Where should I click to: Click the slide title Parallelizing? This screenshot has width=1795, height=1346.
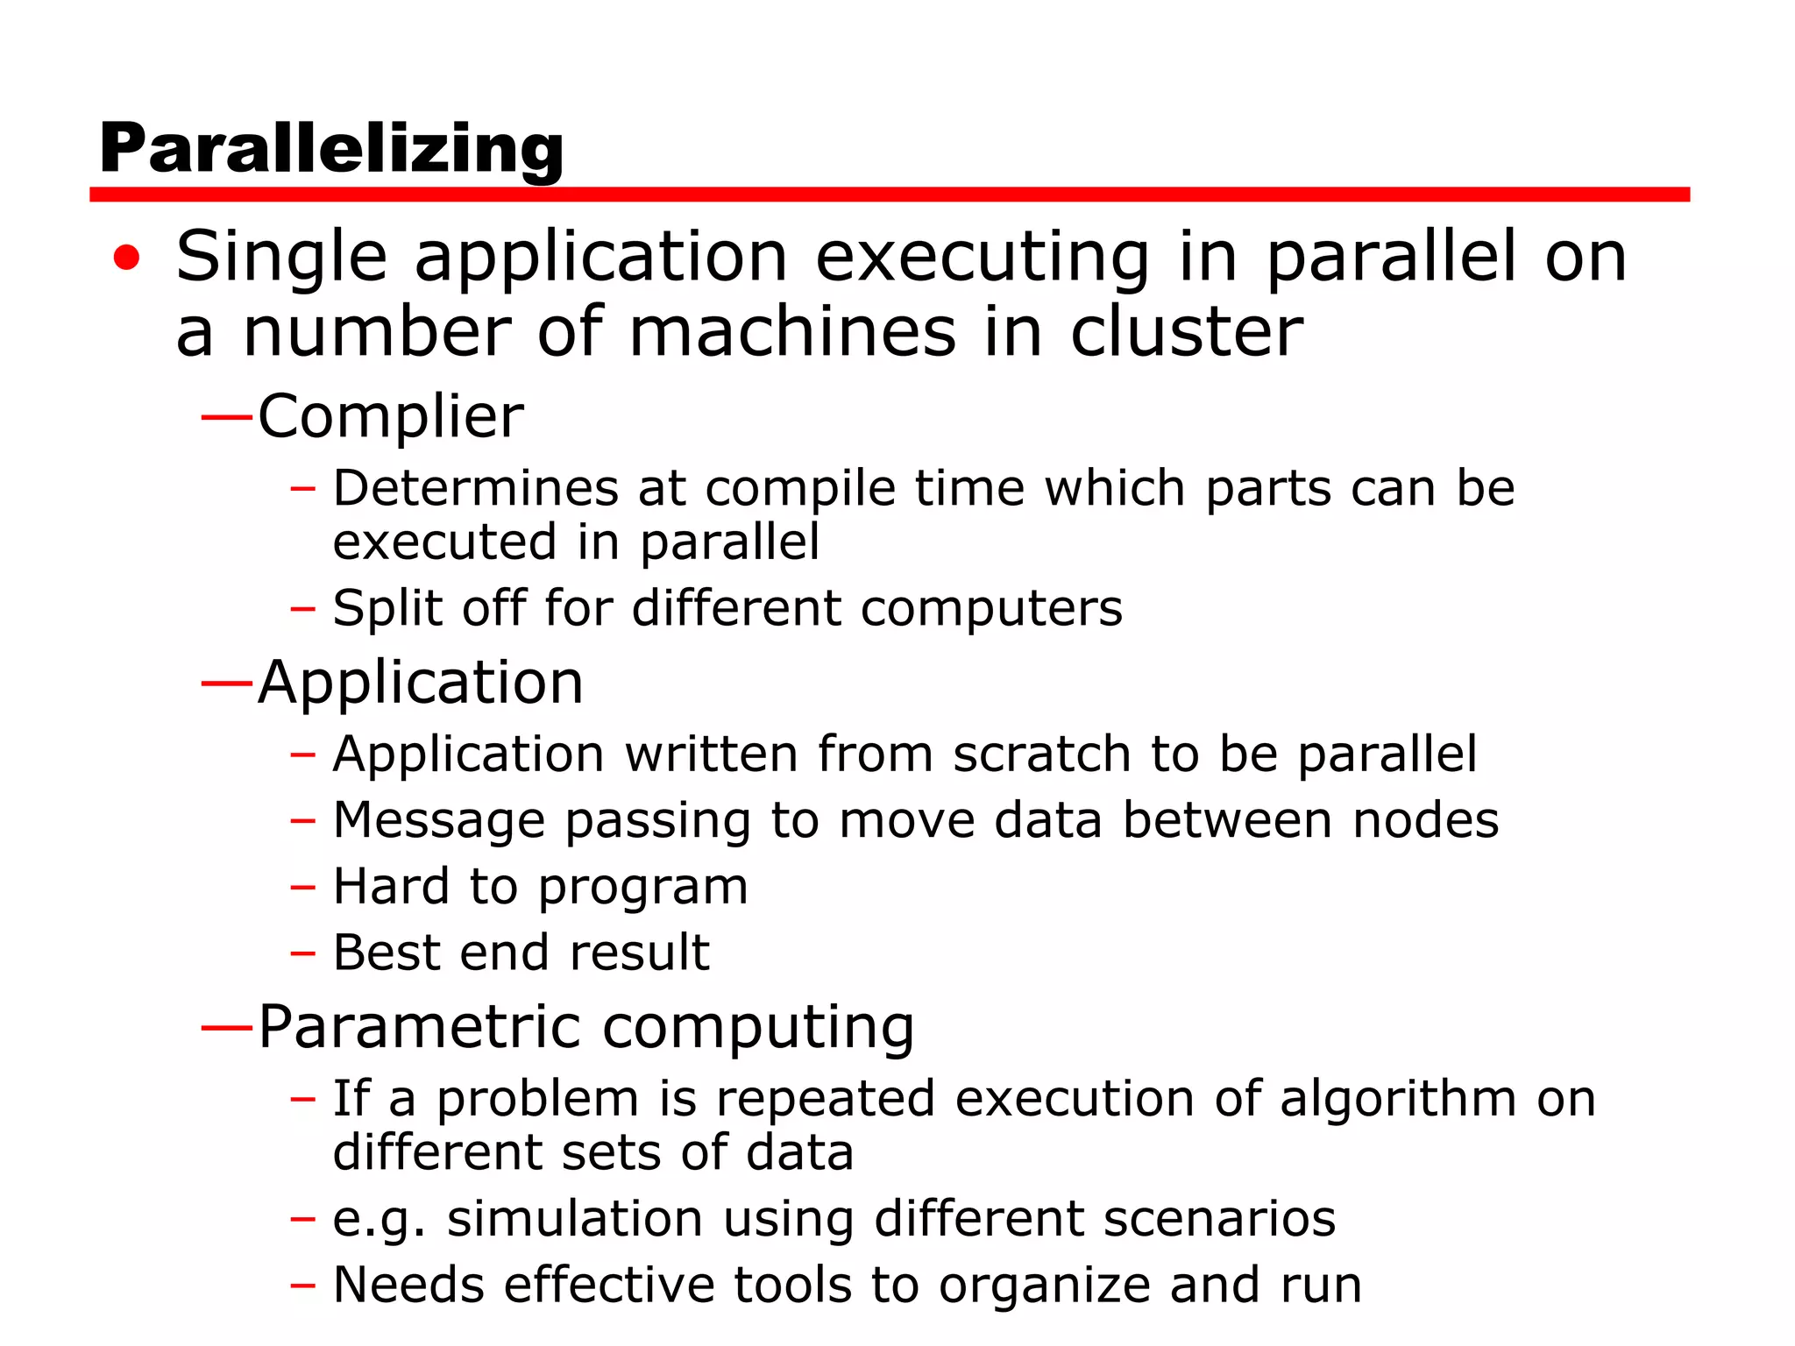[331, 149]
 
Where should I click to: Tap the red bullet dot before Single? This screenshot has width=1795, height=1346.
[126, 258]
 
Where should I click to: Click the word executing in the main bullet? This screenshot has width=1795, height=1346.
[983, 258]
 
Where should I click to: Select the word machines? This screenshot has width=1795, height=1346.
[792, 333]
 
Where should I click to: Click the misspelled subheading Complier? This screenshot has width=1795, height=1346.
[391, 416]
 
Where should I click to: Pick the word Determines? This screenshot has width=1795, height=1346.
[475, 488]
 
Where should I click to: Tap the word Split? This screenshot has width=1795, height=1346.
[387, 608]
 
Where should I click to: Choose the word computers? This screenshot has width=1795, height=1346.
[990, 608]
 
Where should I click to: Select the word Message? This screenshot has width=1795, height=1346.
[439, 821]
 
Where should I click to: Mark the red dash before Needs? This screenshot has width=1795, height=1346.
[302, 1286]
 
